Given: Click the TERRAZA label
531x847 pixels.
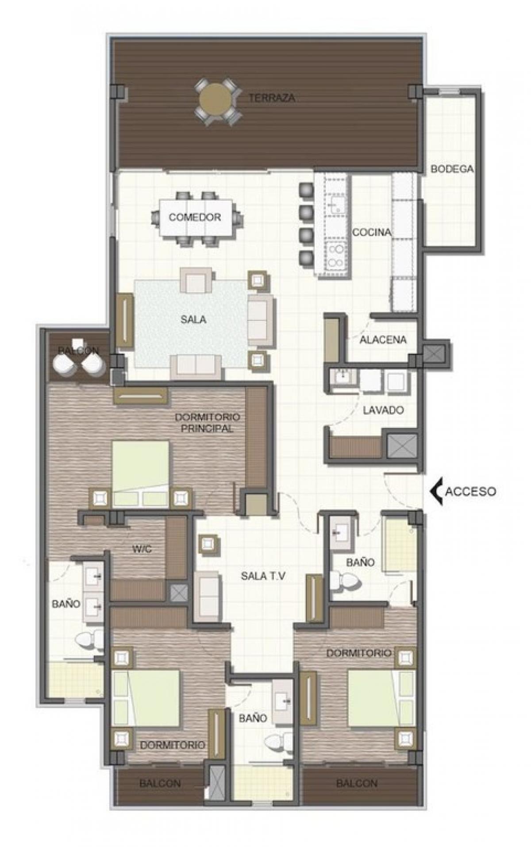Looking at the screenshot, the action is [272, 98].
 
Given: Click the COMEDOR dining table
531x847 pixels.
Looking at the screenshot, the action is [195, 217].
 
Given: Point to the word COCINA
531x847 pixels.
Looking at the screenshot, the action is [372, 233].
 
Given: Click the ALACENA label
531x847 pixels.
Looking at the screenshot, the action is [383, 340].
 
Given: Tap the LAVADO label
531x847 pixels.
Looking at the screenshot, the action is [383, 410].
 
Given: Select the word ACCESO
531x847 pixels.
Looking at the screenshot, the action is [470, 491].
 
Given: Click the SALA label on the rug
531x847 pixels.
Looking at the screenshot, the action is [193, 320].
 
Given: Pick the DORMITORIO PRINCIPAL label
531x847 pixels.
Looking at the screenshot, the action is [207, 423].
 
